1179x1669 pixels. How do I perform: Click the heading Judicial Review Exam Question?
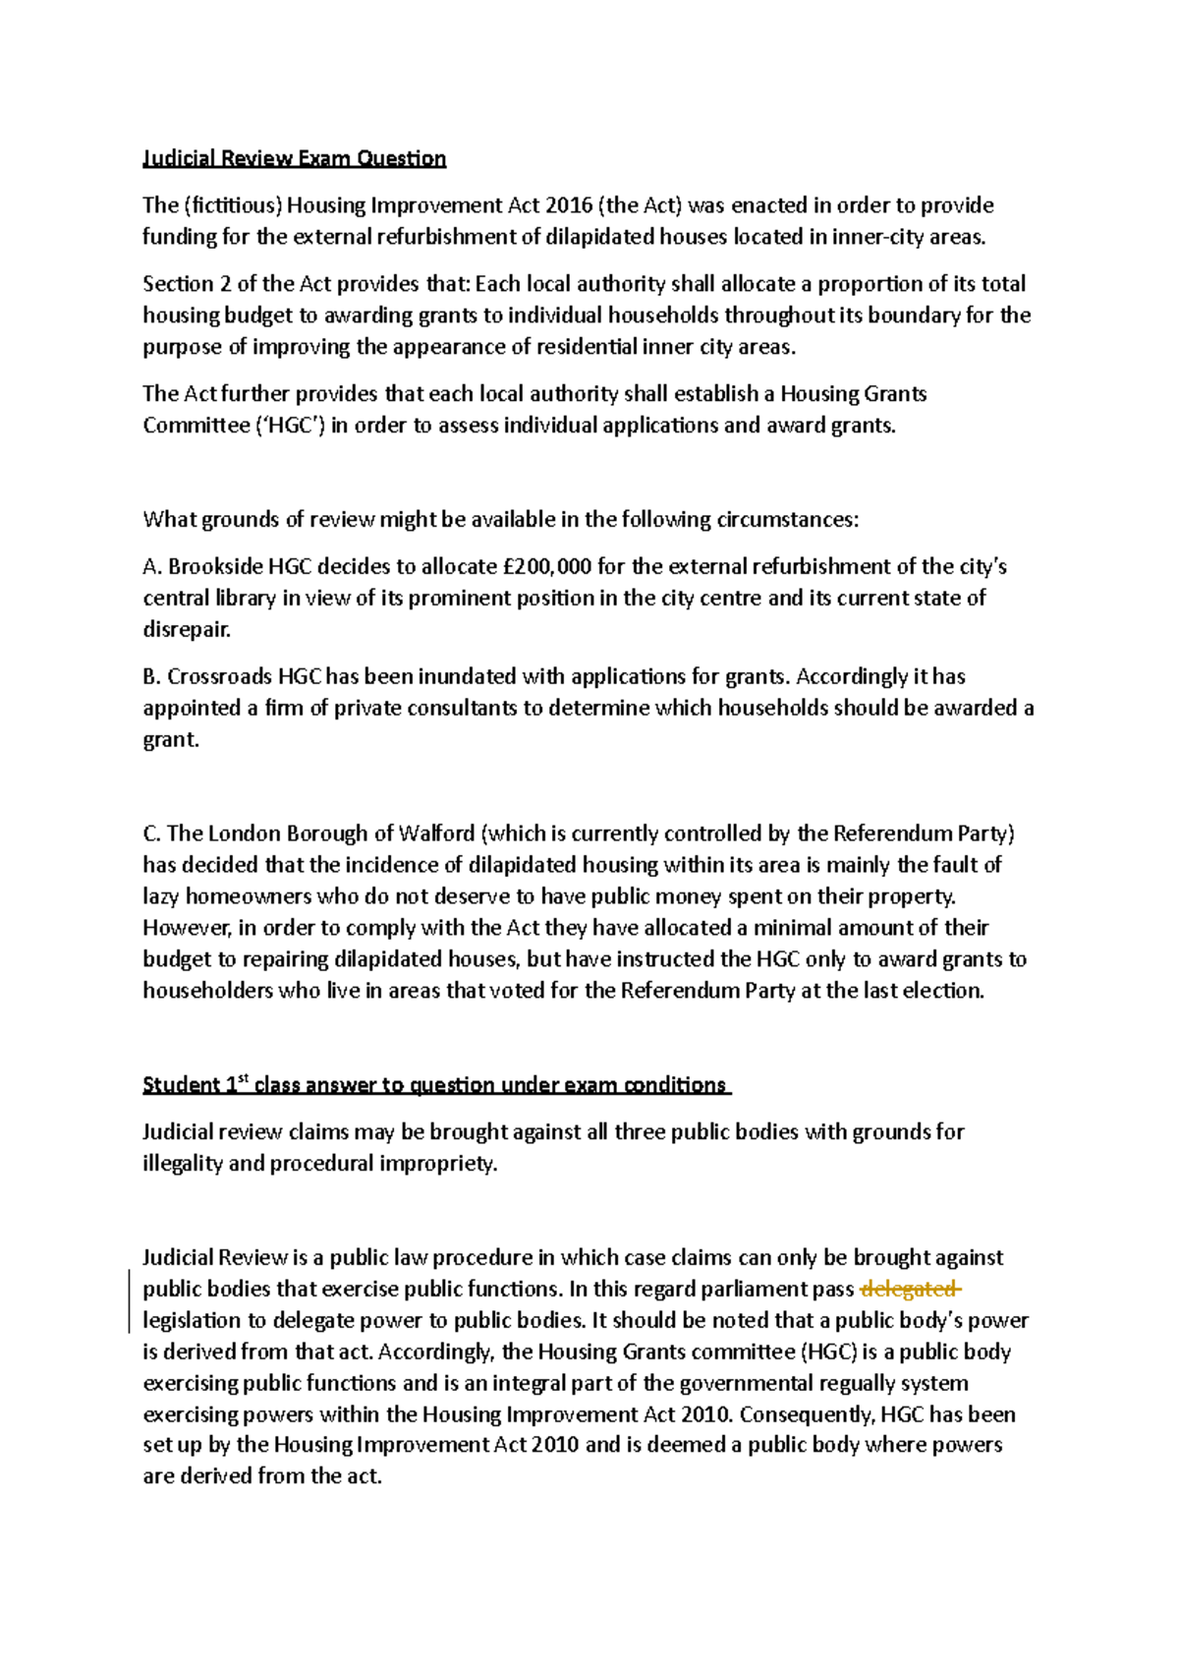pos(294,158)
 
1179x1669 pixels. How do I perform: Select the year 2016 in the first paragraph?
pos(567,205)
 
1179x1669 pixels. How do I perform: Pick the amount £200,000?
pos(547,567)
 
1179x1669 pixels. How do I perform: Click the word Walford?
pos(436,834)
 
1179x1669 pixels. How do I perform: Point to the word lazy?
pos(161,896)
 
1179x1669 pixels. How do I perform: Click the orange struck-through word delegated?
pos(909,1290)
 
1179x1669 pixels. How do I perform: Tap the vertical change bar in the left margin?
pos(130,1301)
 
